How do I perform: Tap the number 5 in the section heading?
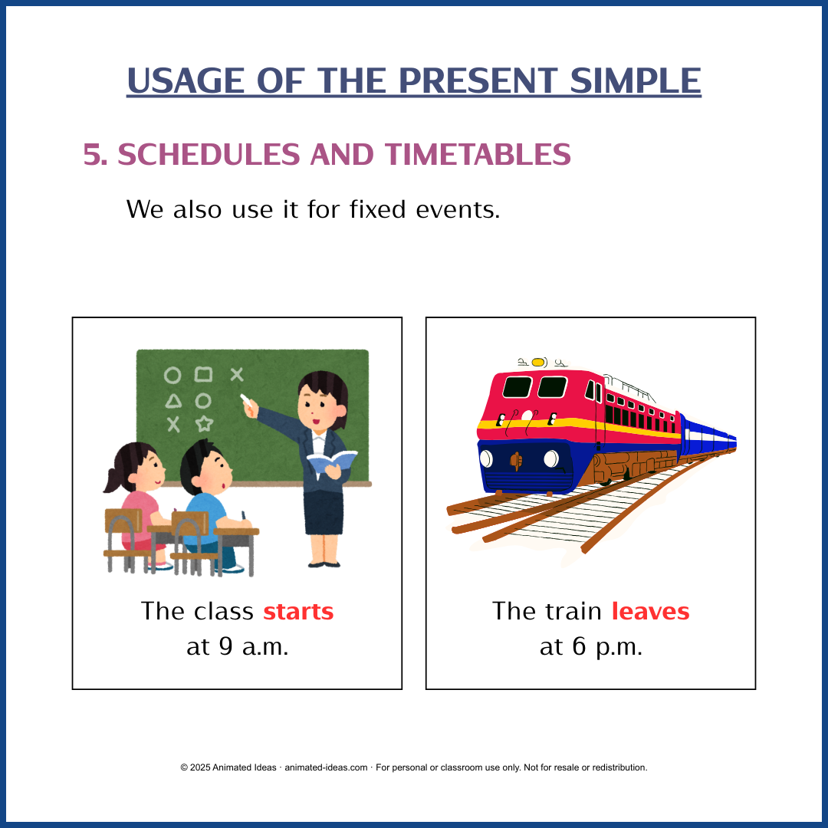(x=93, y=155)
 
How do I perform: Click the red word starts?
(x=298, y=612)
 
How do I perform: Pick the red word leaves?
(x=650, y=612)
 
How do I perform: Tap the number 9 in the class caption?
(x=225, y=646)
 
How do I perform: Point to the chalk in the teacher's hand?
(x=246, y=399)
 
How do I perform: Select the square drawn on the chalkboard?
(x=203, y=374)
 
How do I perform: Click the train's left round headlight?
(x=486, y=458)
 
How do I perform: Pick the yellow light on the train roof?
(x=538, y=362)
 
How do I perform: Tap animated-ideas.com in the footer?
(x=326, y=767)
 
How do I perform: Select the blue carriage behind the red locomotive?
(x=705, y=441)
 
